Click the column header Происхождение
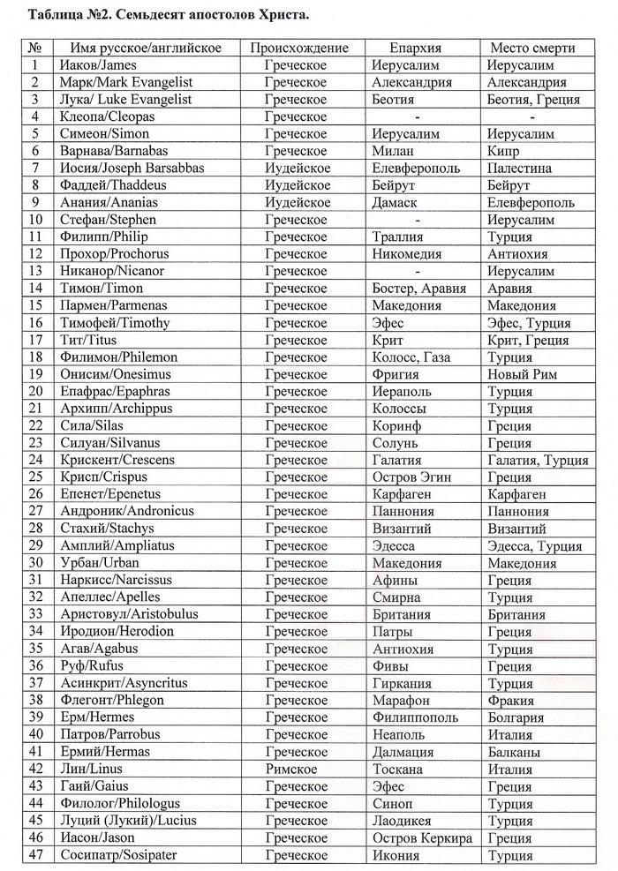coord(299,48)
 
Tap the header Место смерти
coord(532,48)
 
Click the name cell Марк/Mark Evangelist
coord(123,82)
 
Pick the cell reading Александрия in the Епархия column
coord(412,82)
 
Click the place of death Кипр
coord(504,151)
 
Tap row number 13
coord(36,271)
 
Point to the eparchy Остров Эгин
coord(411,477)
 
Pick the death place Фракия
coord(510,700)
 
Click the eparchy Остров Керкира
coord(422,837)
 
